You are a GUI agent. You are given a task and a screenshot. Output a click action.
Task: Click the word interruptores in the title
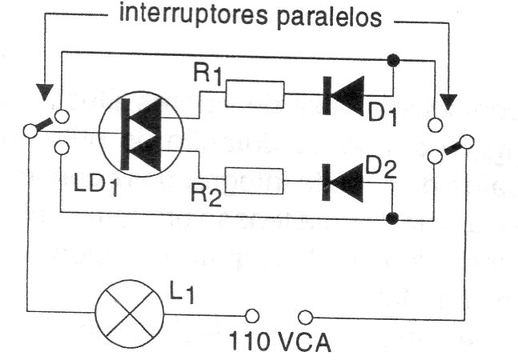coord(193,15)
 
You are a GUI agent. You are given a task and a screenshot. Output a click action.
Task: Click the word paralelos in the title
coord(329,18)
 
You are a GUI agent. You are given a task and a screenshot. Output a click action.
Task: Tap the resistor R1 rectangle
coord(255,94)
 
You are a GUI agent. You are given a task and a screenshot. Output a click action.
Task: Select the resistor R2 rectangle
coord(254,181)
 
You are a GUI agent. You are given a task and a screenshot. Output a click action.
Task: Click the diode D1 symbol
coord(343,95)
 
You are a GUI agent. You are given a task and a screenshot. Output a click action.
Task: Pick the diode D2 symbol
coord(343,182)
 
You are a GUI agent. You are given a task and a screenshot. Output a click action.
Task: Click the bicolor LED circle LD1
coord(141,134)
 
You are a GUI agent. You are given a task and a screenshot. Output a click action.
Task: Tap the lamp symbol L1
coord(129,314)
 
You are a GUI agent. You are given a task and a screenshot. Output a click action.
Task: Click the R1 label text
coord(207,75)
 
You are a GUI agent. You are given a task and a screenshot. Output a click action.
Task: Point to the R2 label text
coord(206,196)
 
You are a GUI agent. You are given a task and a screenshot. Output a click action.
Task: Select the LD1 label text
coord(96,186)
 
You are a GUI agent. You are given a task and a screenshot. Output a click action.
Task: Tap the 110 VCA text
coord(279,342)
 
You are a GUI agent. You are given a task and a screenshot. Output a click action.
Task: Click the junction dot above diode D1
coord(393,60)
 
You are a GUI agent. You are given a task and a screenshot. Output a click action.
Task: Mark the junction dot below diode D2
coord(392,218)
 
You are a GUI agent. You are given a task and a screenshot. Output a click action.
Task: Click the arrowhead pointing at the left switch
coord(45,92)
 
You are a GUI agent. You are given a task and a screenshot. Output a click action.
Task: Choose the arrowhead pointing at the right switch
coord(448,102)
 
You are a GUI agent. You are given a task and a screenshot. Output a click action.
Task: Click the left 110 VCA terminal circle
coord(251,316)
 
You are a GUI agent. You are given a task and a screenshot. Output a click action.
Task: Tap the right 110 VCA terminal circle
coord(305,318)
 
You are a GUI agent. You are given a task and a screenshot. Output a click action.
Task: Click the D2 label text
coord(380,169)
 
